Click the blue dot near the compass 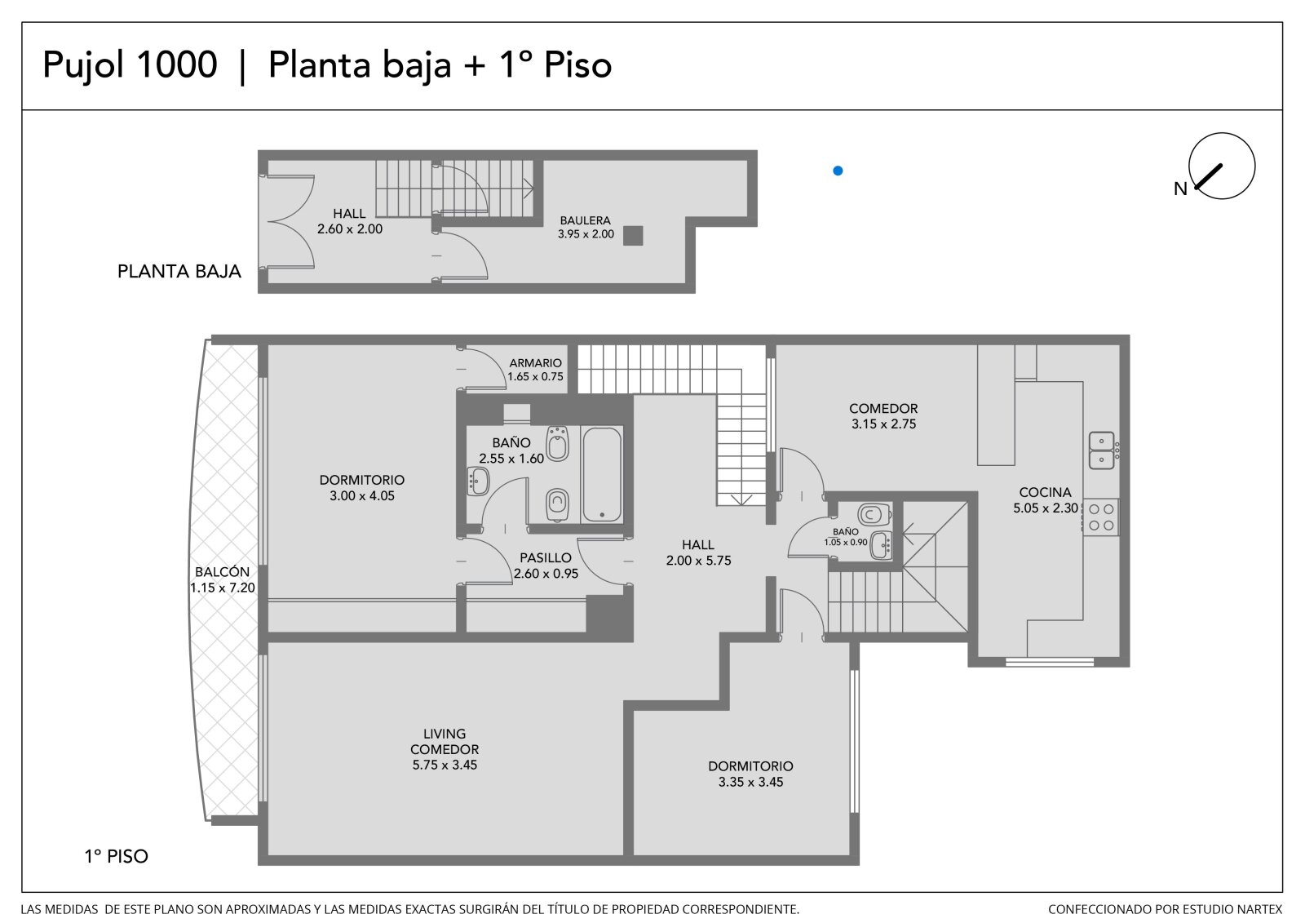point(838,171)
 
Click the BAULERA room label point(586,221)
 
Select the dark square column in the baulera point(633,236)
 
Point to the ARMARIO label point(535,363)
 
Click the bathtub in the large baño point(602,475)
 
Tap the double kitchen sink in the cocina point(1102,450)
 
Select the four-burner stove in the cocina point(1100,517)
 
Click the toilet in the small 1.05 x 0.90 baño point(874,514)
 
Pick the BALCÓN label point(222,572)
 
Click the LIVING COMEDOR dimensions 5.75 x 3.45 point(445,765)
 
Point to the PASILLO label point(546,558)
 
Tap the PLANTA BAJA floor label point(179,272)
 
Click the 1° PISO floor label point(117,857)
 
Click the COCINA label point(1045,492)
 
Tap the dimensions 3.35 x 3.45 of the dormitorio point(750,782)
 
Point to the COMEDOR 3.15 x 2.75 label point(883,416)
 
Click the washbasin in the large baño point(478,481)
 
